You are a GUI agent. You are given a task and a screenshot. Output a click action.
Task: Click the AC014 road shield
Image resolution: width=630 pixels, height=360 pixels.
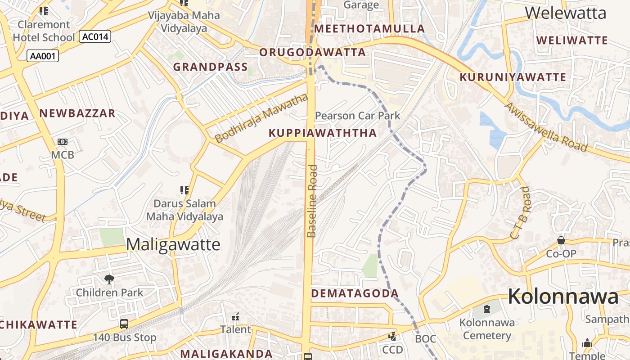click(x=95, y=36)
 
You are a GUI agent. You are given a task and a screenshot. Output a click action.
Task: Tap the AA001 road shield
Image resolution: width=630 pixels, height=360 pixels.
click(x=43, y=56)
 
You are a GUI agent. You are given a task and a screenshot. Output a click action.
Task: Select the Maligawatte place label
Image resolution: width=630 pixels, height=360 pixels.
click(x=173, y=244)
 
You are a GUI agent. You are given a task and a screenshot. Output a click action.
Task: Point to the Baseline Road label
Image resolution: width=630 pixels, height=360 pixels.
click(x=312, y=201)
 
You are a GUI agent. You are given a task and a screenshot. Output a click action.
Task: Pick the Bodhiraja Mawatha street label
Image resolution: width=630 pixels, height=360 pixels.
click(x=262, y=118)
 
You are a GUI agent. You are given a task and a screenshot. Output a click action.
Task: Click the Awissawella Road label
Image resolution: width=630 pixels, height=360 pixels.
click(x=546, y=127)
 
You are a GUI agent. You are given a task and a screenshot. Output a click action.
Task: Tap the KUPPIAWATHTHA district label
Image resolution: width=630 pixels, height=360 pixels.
click(x=323, y=133)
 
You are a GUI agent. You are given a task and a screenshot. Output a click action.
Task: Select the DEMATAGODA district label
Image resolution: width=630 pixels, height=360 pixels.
click(x=355, y=293)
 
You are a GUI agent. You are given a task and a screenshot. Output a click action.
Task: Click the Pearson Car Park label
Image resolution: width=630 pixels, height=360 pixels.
click(x=357, y=116)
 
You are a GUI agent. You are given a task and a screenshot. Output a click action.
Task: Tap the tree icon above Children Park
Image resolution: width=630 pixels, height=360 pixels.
click(x=109, y=279)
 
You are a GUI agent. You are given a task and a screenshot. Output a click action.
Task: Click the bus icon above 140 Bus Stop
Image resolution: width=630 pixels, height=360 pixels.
click(x=124, y=324)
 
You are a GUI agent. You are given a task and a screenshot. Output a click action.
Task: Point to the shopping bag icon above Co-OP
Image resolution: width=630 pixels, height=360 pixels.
click(x=561, y=241)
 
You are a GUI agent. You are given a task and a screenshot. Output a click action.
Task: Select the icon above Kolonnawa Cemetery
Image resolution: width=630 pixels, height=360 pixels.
click(x=486, y=309)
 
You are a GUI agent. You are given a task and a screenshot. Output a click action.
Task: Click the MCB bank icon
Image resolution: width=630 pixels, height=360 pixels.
click(x=63, y=142)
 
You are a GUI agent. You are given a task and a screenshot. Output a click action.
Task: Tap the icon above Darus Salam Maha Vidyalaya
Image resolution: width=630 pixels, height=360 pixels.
click(x=184, y=190)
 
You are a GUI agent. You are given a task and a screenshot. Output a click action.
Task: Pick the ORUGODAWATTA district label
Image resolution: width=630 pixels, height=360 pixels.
click(x=313, y=52)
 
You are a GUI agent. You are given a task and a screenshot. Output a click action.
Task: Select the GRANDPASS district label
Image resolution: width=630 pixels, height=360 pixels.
click(x=211, y=67)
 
